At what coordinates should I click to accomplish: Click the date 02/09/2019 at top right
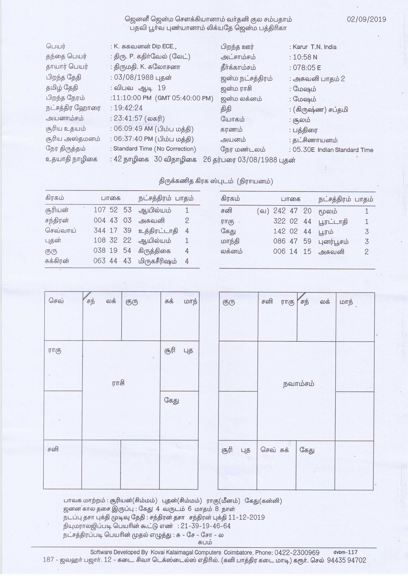click(366, 19)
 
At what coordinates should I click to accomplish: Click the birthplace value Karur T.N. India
click(314, 47)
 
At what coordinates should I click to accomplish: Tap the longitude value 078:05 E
click(307, 68)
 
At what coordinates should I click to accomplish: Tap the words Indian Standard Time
click(345, 150)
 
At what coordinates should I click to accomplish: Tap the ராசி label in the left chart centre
click(118, 383)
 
